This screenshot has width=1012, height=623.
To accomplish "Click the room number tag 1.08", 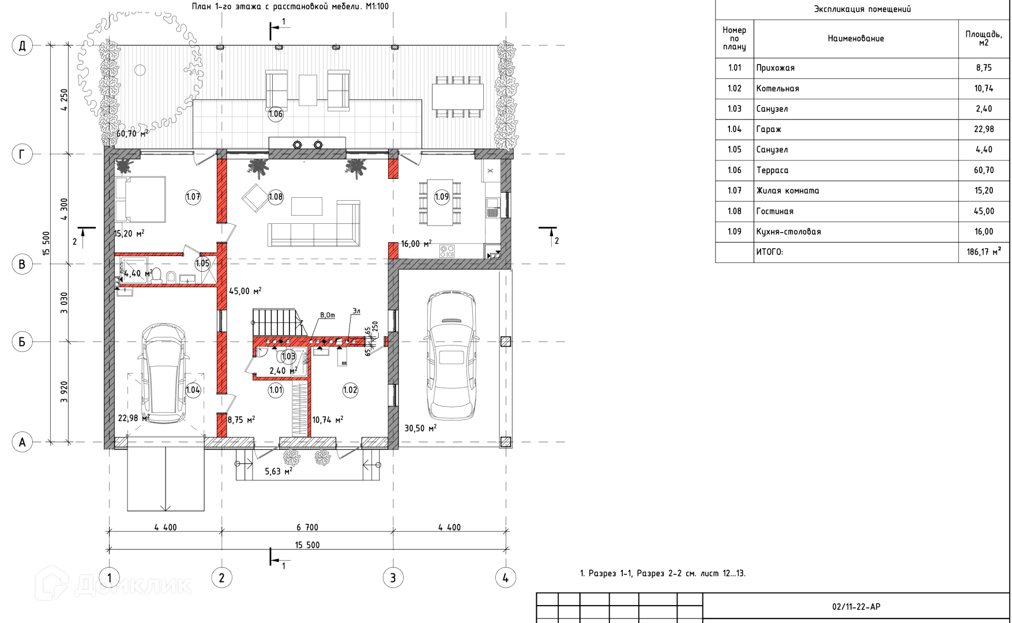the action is point(276,197).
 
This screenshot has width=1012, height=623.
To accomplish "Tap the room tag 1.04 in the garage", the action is point(193,390).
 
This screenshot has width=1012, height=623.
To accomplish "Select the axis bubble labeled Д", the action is point(22,46).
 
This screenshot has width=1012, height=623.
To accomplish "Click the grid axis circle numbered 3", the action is point(393,577).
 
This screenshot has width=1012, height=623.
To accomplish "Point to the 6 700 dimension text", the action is point(307,527).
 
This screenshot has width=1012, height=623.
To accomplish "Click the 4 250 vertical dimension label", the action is point(64,99).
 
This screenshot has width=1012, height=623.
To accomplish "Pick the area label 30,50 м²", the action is point(420,428).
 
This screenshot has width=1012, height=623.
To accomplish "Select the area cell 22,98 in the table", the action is point(984,129).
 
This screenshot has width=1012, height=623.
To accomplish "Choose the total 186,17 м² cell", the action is point(984,252).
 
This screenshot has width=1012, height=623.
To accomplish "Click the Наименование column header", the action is point(856,39).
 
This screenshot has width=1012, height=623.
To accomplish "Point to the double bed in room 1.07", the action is point(140,199).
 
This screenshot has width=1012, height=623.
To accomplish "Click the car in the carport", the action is point(450,356).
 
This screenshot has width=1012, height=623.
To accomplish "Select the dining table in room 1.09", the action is point(441,203).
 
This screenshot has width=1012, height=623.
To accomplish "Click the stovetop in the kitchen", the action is point(447,251).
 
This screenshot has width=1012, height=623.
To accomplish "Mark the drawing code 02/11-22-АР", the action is point(856,606).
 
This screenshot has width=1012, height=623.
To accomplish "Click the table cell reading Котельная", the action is point(777,88).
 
